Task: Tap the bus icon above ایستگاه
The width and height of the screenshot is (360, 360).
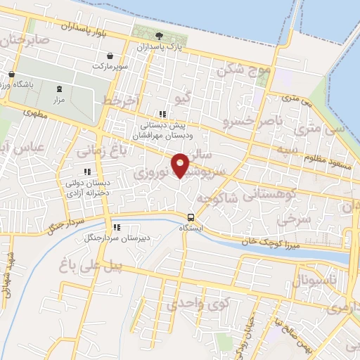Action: [x=191, y=217]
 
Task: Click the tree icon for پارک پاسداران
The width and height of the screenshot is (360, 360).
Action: [x=160, y=36]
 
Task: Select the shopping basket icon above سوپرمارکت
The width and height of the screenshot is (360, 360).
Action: [x=110, y=56]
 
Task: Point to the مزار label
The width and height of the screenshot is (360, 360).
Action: [x=59, y=101]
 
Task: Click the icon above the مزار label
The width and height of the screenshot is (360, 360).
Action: [x=59, y=89]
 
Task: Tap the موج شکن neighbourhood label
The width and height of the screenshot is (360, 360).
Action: [x=244, y=70]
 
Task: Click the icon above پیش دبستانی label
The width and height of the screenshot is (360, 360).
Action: [x=162, y=114]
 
